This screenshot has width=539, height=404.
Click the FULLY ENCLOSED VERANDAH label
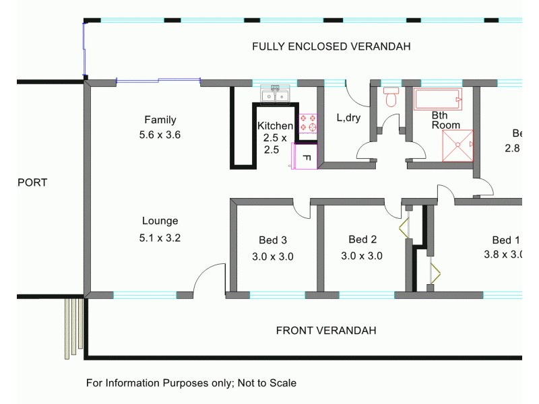[331, 46]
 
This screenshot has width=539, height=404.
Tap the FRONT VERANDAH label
[326, 331]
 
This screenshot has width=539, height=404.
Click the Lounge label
[160, 221]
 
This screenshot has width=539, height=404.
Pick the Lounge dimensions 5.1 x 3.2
[160, 237]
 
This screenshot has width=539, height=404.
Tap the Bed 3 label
[273, 240]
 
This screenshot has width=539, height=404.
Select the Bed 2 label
[362, 240]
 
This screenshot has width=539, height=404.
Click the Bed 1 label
[506, 240]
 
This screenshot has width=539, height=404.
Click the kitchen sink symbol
[276, 95]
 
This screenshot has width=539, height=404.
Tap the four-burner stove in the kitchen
[308, 122]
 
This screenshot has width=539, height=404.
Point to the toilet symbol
[391, 98]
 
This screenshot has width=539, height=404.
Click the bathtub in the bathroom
[438, 100]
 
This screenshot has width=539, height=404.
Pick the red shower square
[458, 145]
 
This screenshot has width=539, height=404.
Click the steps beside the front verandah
[73, 327]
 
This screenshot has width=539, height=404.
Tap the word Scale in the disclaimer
[282, 382]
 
